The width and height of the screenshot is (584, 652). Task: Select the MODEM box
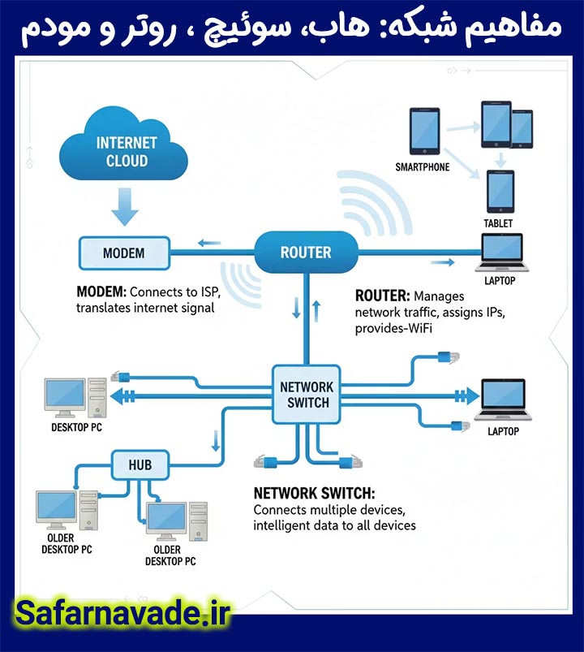coord(123,253)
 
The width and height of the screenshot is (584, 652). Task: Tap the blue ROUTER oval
coord(306,253)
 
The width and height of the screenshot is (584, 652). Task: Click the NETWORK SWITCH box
coord(304,393)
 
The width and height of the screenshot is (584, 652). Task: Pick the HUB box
coord(140,465)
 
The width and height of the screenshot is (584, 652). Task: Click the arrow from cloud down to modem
coord(124,205)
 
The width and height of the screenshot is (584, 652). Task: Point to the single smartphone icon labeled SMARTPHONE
coord(424,132)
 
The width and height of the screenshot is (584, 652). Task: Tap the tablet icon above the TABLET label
coord(500,192)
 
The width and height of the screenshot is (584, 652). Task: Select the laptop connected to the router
coord(500,253)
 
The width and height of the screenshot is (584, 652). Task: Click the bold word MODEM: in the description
coord(101,291)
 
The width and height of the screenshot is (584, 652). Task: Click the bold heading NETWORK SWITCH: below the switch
coord(314,493)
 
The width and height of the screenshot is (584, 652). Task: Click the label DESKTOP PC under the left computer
coord(77,427)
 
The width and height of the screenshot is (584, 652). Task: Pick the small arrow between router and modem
coord(209,241)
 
